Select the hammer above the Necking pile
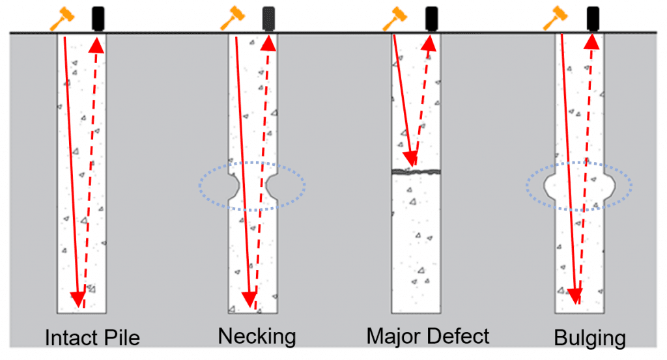(231, 18)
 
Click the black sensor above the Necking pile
(267, 18)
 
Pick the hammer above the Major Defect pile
(393, 18)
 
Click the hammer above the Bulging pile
(555, 18)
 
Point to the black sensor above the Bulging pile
(592, 18)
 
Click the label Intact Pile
(92, 338)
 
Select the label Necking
(257, 337)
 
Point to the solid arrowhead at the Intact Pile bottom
(78, 299)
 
